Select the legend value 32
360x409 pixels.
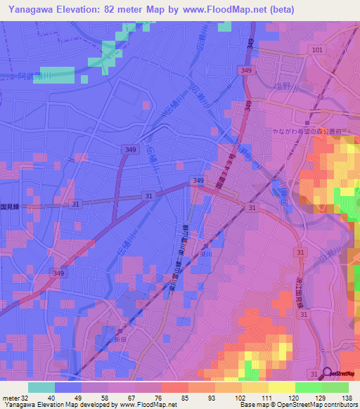point(25,398)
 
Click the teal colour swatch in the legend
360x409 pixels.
point(41,387)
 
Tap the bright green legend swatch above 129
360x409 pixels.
point(308,387)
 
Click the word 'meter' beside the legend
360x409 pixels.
point(10,398)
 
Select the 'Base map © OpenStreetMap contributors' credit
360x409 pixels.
point(298,405)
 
